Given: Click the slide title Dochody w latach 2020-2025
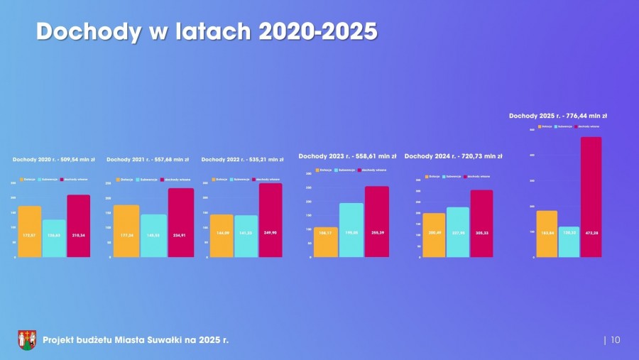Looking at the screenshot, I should click(206, 31).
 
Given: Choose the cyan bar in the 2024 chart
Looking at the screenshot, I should click(458, 231).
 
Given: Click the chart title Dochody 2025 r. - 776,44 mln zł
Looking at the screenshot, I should click(557, 115).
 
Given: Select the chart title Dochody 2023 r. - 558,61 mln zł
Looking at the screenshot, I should click(347, 156).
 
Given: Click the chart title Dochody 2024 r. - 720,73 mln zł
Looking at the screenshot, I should click(453, 156).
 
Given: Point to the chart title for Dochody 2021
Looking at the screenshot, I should click(148, 159).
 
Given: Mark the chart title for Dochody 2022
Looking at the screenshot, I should click(242, 159).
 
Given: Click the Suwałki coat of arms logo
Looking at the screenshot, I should click(27, 340).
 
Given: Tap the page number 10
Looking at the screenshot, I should click(615, 340).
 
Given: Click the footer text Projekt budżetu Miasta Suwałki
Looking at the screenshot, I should click(136, 340).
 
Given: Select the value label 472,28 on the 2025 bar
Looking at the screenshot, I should click(591, 232).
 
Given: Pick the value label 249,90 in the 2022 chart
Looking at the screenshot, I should click(270, 232).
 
